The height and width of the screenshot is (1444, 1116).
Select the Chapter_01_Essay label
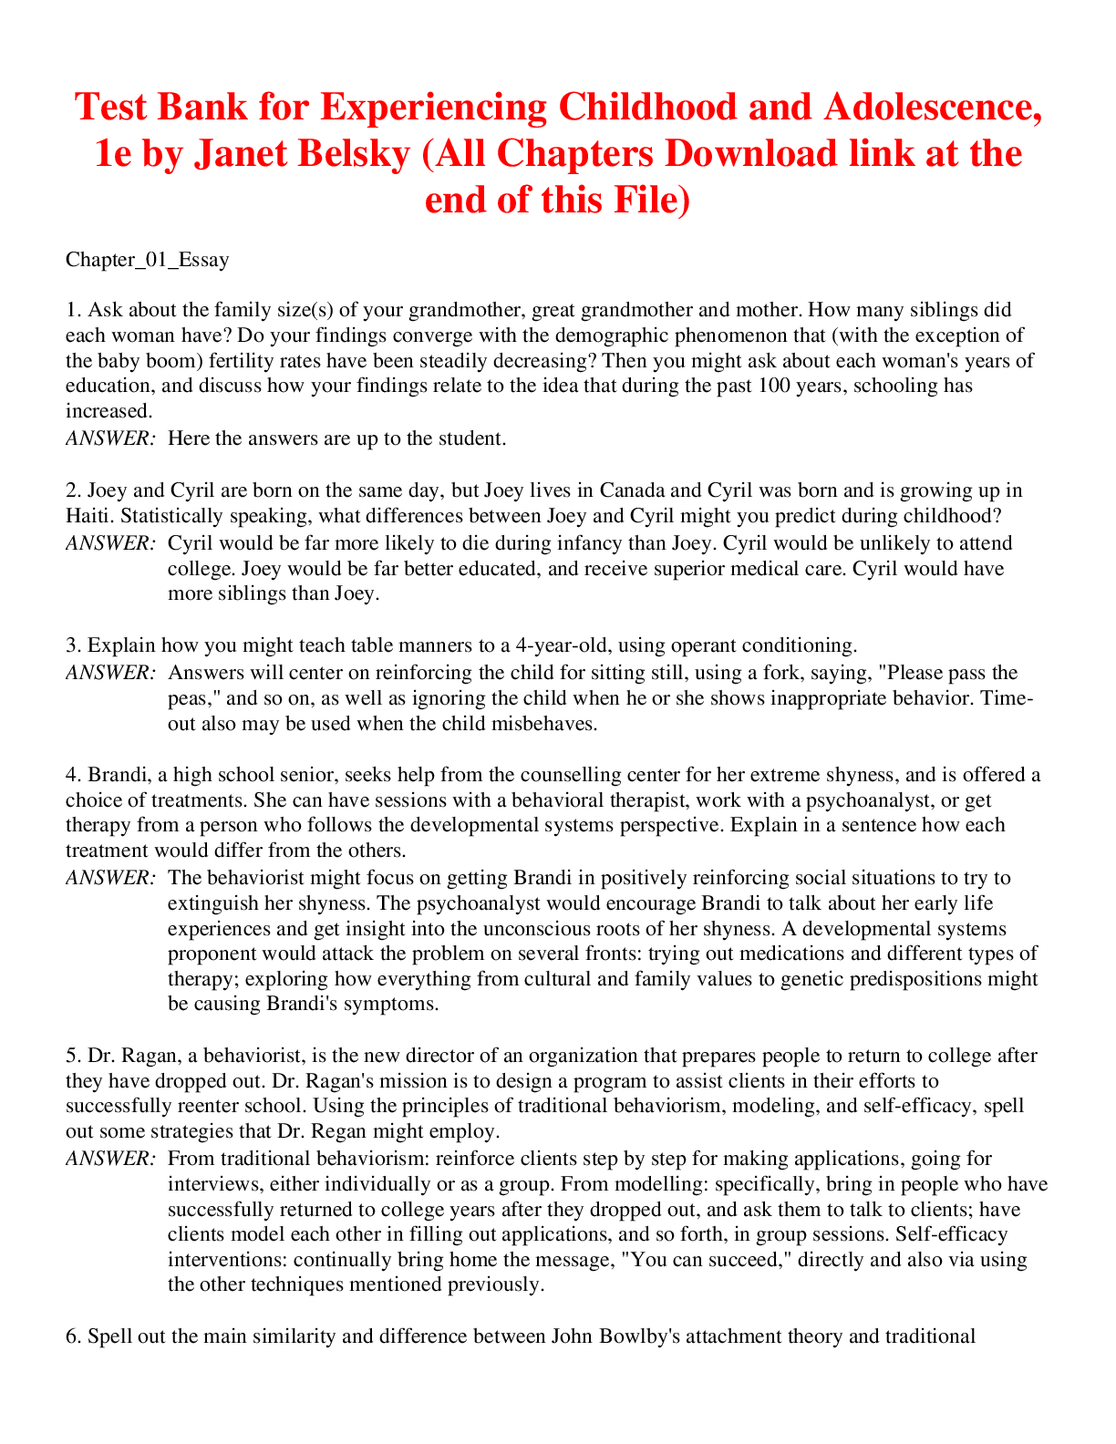pos(148,260)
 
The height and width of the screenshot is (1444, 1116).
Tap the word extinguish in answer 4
pos(212,903)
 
